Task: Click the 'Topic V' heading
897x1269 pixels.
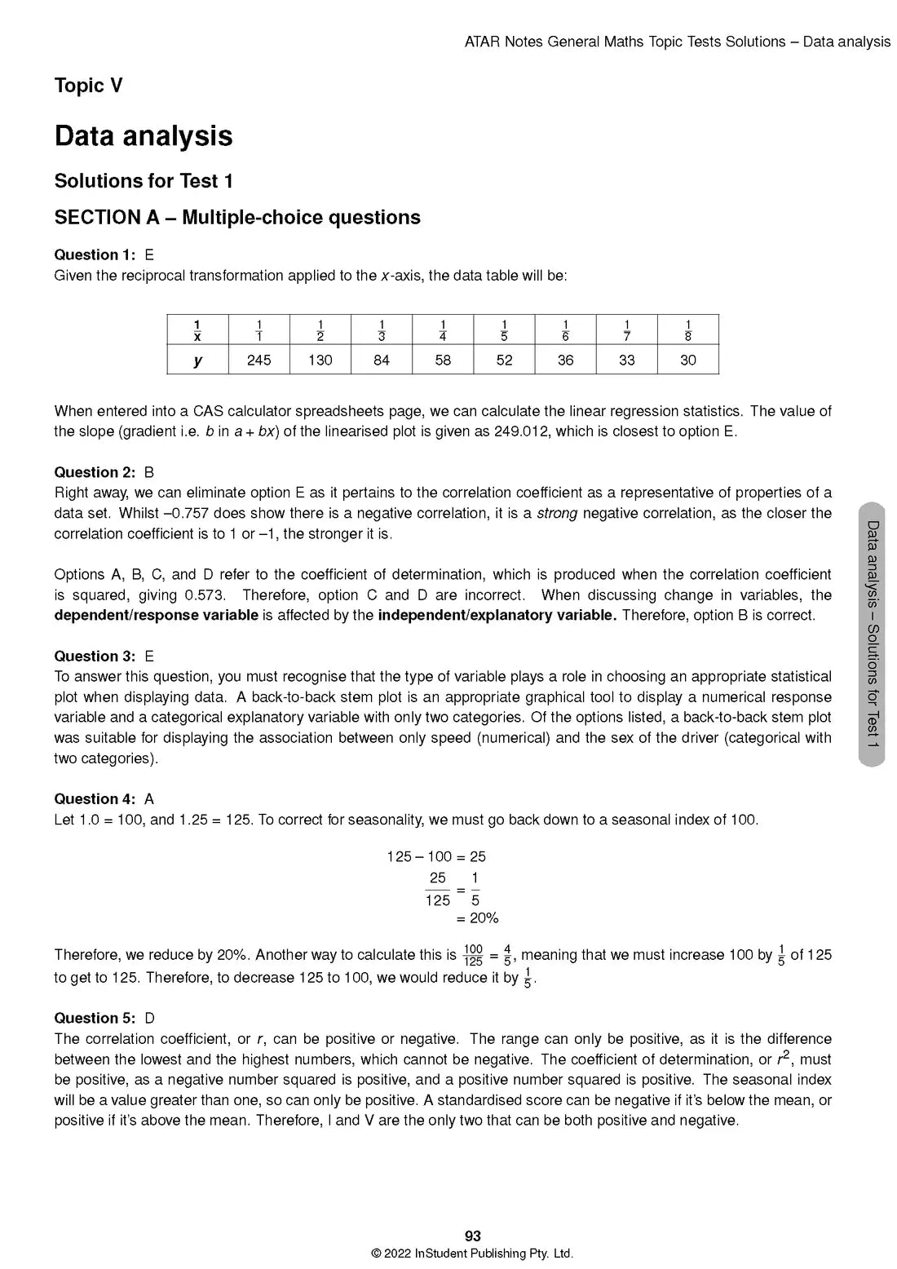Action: [88, 86]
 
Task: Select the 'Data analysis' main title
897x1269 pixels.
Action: [144, 136]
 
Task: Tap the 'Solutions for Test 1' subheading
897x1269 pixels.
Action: [144, 181]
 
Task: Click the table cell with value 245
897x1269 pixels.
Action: [258, 360]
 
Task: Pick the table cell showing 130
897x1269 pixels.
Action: [320, 360]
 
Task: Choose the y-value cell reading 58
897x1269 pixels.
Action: [443, 360]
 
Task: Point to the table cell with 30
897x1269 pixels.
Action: [687, 360]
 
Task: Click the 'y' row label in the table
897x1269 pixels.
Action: [197, 360]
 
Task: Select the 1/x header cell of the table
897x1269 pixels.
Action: [197, 329]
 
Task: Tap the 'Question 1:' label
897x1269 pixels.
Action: [95, 254]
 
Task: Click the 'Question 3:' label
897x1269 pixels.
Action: [95, 656]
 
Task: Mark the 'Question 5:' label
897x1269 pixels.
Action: [95, 1018]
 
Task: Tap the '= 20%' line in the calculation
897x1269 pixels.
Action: [477, 918]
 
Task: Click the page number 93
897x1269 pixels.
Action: [472, 1236]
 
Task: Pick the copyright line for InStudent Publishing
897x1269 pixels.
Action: [472, 1254]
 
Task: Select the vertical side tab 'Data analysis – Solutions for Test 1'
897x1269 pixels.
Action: [872, 634]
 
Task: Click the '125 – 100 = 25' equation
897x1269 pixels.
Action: [436, 856]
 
